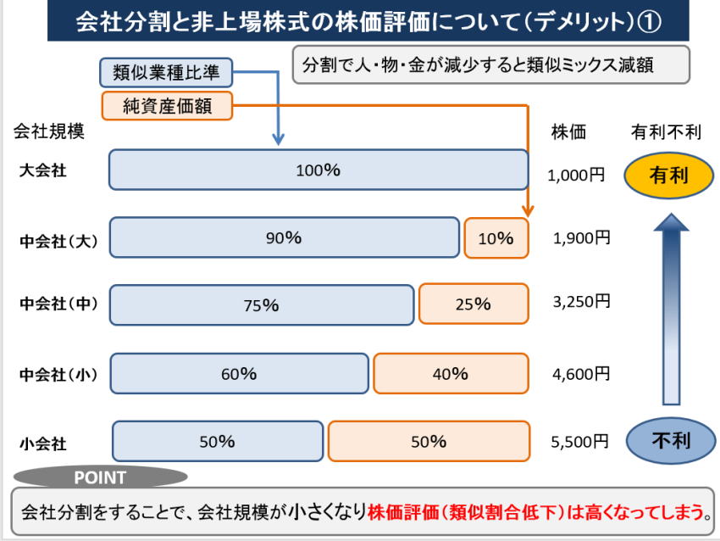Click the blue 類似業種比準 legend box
(x=166, y=72)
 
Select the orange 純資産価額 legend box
(x=166, y=105)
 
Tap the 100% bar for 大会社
(x=318, y=170)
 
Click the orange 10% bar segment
(x=496, y=238)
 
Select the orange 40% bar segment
(x=450, y=374)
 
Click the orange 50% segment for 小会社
(x=428, y=441)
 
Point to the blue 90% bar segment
(x=284, y=238)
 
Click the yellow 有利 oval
(x=668, y=176)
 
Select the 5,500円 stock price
(x=580, y=442)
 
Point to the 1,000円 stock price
(x=576, y=176)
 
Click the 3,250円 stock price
(x=581, y=301)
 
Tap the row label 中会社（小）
(x=58, y=374)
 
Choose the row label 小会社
(x=42, y=443)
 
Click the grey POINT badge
(x=100, y=477)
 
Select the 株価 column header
(x=568, y=131)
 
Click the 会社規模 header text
(x=49, y=131)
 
